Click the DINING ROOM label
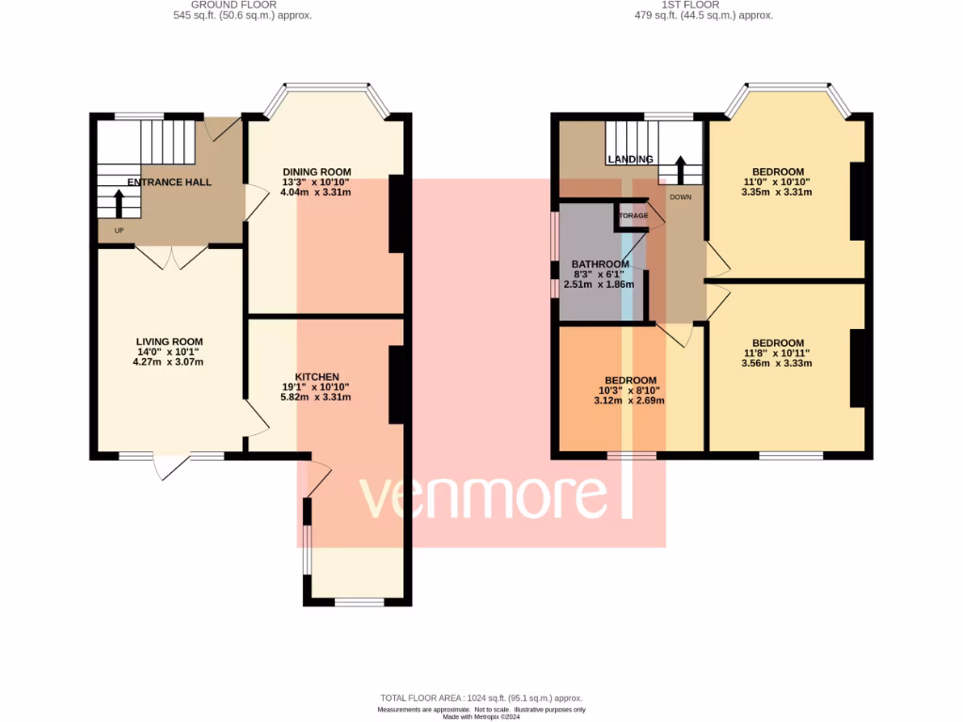pos(317,171)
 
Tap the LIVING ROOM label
pos(169,341)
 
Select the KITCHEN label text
pos(317,376)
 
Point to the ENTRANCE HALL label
pos(169,181)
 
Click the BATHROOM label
pos(599,264)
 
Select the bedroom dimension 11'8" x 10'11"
pos(777,353)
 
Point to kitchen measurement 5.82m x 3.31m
pos(317,397)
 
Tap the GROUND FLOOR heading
pos(244,5)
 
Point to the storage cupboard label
pos(634,215)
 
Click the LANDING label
pos(630,159)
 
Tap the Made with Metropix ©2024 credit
pos(481,716)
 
